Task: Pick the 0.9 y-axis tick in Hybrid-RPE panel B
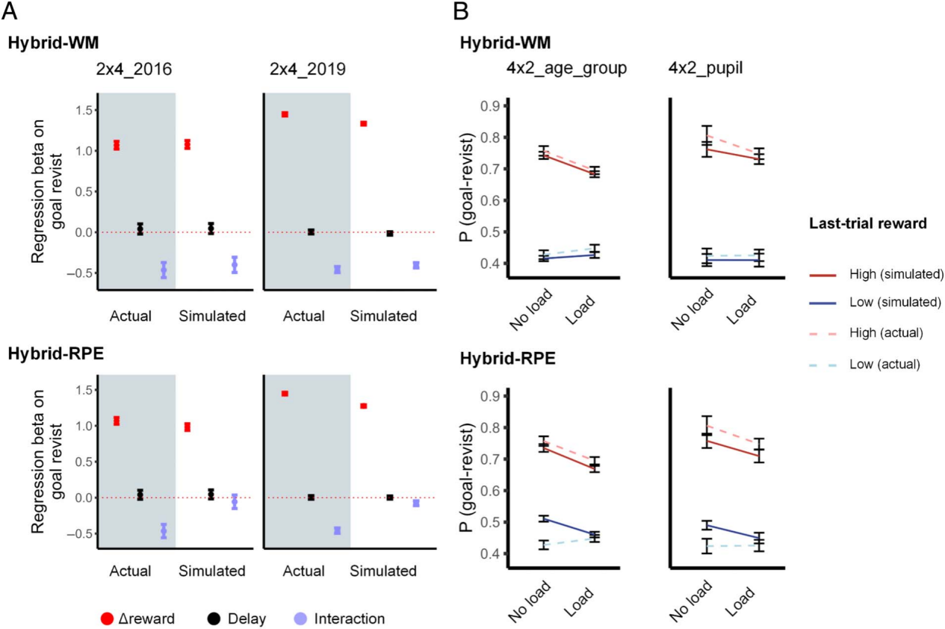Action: click(x=489, y=396)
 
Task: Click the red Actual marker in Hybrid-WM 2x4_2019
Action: click(x=285, y=114)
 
